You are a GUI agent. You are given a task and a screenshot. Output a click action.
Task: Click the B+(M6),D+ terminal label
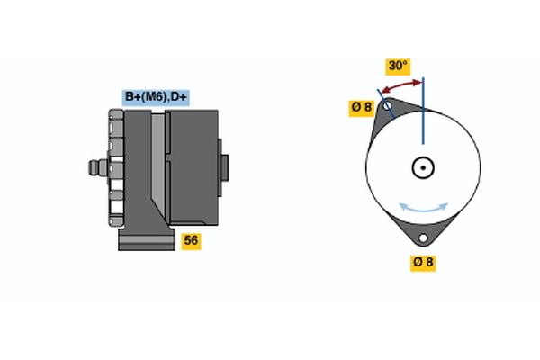(x=156, y=97)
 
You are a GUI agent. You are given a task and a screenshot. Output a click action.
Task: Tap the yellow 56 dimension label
(x=191, y=240)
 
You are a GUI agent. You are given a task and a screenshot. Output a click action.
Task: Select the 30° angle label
(x=397, y=66)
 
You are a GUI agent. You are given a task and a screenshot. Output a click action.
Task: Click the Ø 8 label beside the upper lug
(x=361, y=107)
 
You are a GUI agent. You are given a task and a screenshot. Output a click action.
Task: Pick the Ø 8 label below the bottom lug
(x=423, y=263)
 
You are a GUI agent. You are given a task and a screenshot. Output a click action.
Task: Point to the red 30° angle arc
(x=401, y=85)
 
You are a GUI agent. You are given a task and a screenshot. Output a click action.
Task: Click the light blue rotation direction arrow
(x=423, y=208)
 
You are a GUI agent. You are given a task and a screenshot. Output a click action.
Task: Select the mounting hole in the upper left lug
(x=388, y=106)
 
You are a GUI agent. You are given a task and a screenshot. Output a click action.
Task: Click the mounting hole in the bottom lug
(x=423, y=238)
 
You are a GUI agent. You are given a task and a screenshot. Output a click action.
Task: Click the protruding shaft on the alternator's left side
(x=94, y=167)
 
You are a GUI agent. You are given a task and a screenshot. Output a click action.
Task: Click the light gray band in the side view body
(x=158, y=162)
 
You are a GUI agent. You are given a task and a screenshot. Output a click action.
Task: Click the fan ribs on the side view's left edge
(x=114, y=167)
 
